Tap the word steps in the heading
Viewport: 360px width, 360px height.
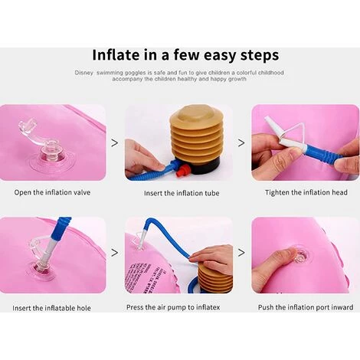point(260,56)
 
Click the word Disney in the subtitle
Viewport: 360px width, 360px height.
point(84,73)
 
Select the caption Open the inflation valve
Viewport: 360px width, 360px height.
point(52,192)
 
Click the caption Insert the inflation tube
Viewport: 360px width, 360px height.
point(182,193)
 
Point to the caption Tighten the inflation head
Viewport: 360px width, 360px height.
point(306,192)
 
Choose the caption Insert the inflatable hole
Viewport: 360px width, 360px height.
point(51,308)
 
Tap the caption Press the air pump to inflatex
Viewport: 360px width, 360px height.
point(173,307)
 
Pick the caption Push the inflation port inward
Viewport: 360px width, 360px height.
point(306,307)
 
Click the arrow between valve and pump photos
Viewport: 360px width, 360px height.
point(115,143)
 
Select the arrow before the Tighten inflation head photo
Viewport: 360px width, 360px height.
point(241,143)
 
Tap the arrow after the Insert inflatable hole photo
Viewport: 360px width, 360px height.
point(115,253)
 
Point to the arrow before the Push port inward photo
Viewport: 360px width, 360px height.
point(241,253)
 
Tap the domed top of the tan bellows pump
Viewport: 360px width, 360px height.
point(196,113)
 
